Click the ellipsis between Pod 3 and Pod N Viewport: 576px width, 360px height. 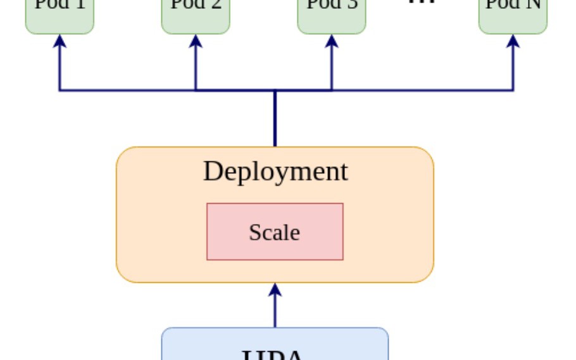(422, 3)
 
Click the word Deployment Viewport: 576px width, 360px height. (275, 171)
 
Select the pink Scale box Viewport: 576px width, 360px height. (275, 247)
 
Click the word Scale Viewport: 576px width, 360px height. (274, 232)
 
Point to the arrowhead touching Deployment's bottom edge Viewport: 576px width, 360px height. (275, 290)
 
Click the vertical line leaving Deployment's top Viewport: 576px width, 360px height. (275, 120)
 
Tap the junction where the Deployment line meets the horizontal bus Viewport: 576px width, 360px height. (275, 91)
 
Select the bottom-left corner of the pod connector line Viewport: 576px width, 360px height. (59, 90)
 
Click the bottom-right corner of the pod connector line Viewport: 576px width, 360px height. (513, 90)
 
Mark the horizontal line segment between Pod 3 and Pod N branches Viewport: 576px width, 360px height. (422, 90)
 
